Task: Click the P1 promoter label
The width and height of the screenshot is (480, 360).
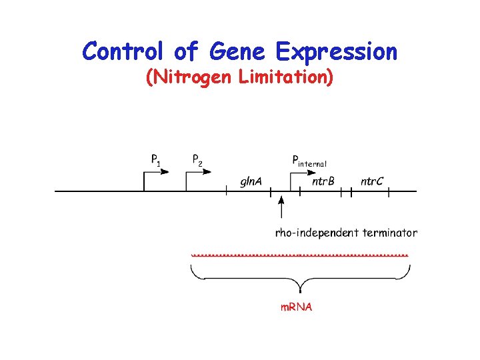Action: (x=155, y=160)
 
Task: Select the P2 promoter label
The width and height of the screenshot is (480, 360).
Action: (x=197, y=160)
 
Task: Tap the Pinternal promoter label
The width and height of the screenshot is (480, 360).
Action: (x=309, y=161)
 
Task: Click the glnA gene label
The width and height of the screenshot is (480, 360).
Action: (x=251, y=181)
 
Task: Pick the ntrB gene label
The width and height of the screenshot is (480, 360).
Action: (x=323, y=181)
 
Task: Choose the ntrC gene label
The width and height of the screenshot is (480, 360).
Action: (x=372, y=181)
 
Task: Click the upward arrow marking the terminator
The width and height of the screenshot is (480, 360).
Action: (x=281, y=207)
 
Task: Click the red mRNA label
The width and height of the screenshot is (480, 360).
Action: (x=295, y=307)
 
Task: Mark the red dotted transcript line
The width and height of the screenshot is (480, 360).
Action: (x=299, y=255)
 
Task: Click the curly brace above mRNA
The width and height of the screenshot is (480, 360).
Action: (x=300, y=279)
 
